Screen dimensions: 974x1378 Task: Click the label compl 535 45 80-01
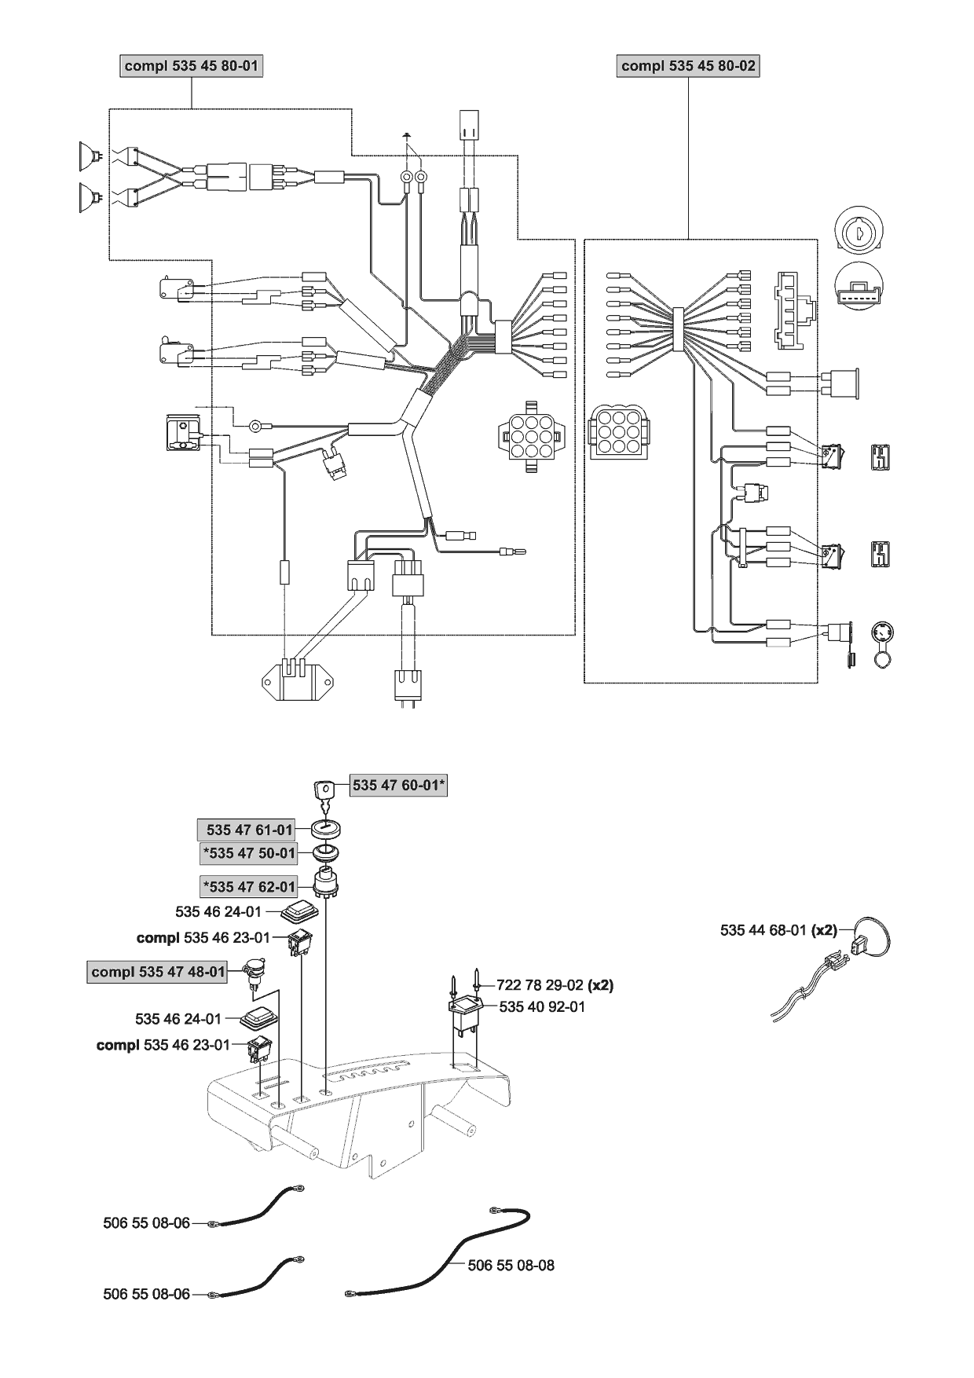191,66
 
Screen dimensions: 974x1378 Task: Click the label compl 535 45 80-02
688,66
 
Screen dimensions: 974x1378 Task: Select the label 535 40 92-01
542,1006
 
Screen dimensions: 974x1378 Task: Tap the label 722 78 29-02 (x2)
555,984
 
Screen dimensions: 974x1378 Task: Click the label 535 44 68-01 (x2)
778,930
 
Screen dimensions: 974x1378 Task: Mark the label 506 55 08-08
511,1266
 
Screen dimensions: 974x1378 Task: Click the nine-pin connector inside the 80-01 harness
530,435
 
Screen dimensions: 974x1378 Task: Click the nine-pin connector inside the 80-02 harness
618,433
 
